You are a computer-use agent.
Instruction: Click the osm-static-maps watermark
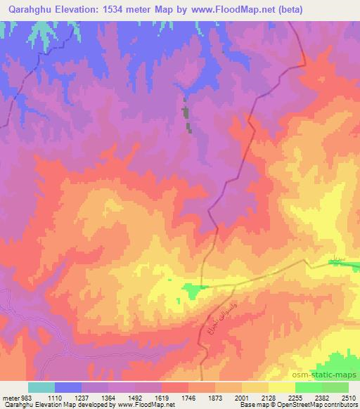click(x=330, y=372)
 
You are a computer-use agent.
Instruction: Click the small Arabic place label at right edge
click(x=339, y=261)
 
